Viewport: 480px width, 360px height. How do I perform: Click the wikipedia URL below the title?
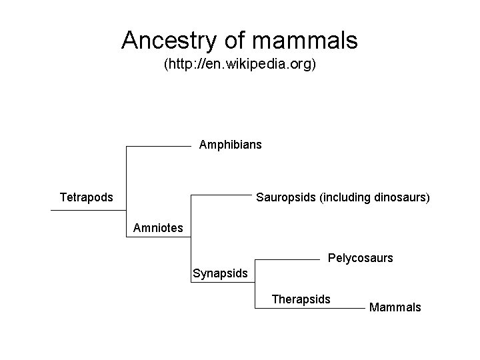point(240,65)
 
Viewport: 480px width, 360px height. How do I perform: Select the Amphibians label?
point(231,145)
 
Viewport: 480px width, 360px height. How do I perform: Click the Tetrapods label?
point(86,197)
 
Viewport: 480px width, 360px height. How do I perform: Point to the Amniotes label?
point(158,228)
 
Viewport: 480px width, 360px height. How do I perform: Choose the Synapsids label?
point(220,273)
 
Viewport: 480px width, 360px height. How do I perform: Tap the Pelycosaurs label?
point(361,257)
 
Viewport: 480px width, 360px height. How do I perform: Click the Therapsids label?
point(301,299)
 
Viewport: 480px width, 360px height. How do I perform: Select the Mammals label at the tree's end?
point(395,307)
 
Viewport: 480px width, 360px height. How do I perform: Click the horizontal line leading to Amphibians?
point(159,145)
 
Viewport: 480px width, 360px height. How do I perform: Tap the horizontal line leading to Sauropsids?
point(221,195)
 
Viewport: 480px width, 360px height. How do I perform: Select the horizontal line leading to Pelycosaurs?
point(287,258)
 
